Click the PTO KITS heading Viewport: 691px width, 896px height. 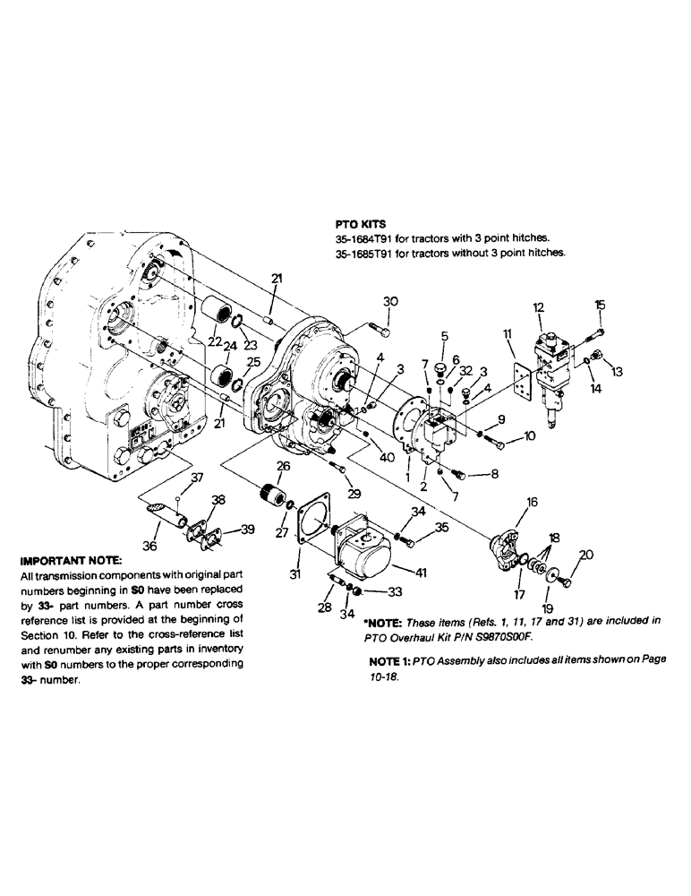click(x=355, y=226)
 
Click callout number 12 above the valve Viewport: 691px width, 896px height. click(x=539, y=307)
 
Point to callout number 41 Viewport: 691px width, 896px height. click(x=420, y=571)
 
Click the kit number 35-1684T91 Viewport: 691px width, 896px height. click(x=363, y=239)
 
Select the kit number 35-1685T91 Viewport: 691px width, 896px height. click(x=363, y=253)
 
